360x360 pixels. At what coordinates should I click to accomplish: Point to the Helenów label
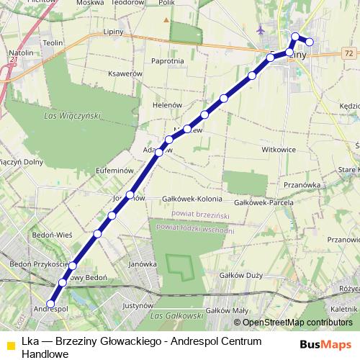click(x=166, y=104)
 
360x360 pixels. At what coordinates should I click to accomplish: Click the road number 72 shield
click(x=348, y=53)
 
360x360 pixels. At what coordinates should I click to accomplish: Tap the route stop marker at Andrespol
click(x=51, y=303)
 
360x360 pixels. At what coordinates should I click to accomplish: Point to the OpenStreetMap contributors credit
click(x=297, y=322)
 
